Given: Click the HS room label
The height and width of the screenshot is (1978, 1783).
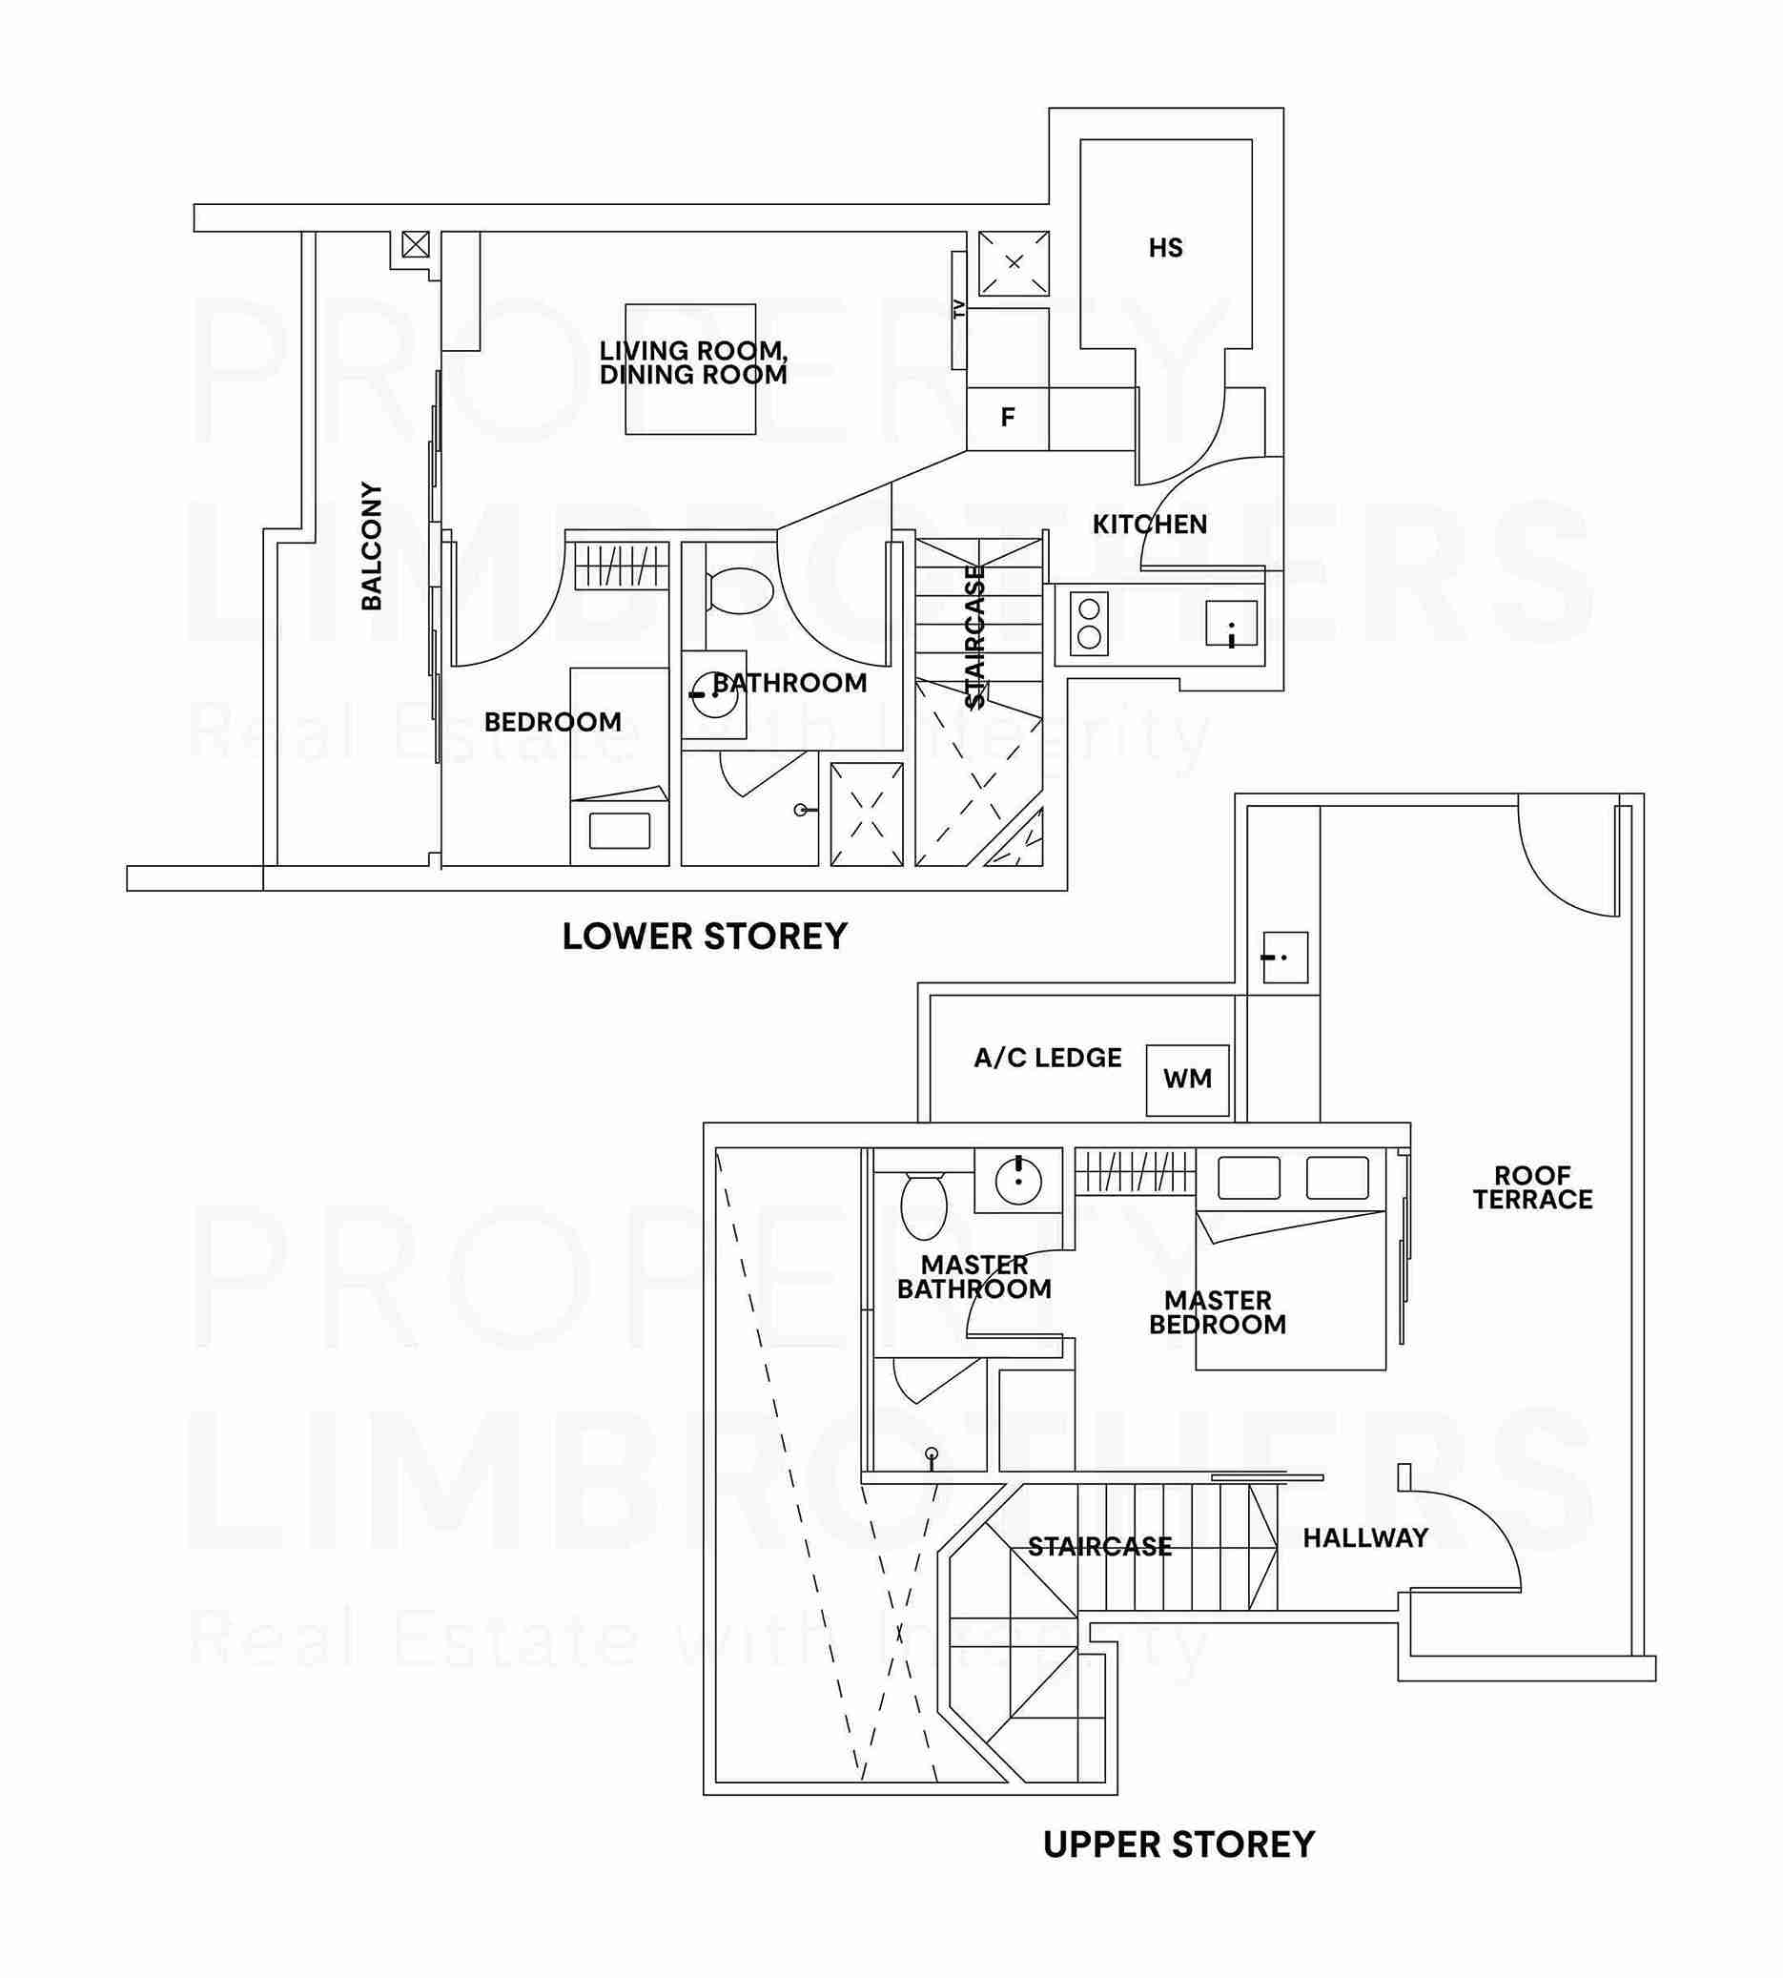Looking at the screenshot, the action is (x=1166, y=248).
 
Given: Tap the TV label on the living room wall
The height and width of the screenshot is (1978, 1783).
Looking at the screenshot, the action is (x=959, y=310).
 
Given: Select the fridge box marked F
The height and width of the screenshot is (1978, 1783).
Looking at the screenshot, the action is (x=1008, y=419).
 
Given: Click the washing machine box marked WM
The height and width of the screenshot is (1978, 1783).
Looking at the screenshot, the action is (x=1187, y=1080).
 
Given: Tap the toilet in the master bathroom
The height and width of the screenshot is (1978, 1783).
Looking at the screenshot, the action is (x=923, y=1205).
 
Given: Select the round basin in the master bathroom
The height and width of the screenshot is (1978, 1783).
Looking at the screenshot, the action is (x=1019, y=1181).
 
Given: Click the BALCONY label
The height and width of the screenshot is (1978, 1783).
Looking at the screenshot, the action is (x=371, y=546).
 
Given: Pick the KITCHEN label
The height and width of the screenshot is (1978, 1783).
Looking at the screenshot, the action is (x=1150, y=525).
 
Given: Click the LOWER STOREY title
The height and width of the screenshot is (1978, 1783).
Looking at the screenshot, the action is (x=705, y=937).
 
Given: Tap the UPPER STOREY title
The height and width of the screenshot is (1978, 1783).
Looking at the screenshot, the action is (x=1178, y=1844).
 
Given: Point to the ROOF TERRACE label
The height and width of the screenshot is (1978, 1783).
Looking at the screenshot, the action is (x=1532, y=1186).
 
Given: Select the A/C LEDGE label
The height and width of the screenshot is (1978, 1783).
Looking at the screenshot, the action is (x=1047, y=1058).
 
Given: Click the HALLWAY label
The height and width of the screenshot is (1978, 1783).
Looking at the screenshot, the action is (x=1364, y=1538).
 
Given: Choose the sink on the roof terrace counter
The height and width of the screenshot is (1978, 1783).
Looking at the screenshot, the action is (x=1284, y=958).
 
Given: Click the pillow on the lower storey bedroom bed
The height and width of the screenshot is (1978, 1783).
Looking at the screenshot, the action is (x=619, y=832).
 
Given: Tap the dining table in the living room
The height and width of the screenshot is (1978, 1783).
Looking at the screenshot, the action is (x=690, y=369).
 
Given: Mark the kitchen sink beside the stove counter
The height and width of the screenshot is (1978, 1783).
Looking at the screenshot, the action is (x=1232, y=624).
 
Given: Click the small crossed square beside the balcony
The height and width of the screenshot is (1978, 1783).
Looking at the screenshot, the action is (x=416, y=244).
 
